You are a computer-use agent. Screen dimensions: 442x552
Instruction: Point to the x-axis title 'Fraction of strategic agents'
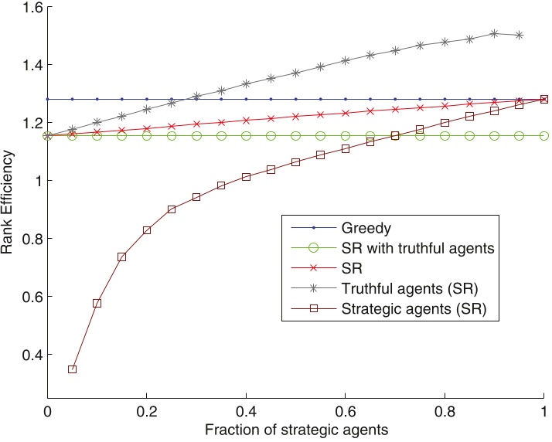click(296, 428)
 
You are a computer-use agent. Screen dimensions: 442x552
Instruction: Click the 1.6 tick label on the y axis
click(29, 7)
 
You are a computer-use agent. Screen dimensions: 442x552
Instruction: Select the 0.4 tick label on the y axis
click(29, 355)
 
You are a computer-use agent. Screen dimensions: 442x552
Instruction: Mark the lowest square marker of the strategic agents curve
click(72, 369)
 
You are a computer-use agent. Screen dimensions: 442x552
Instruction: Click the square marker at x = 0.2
click(147, 230)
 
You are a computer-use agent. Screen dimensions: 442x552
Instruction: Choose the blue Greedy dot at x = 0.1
click(97, 100)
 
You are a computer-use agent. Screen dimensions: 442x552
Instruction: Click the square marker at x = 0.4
click(246, 177)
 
